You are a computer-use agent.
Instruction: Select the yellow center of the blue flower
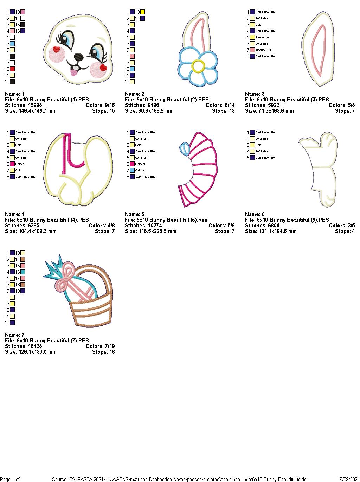point(198,66)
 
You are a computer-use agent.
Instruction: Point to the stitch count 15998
point(33,105)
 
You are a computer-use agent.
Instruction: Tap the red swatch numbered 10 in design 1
point(12,69)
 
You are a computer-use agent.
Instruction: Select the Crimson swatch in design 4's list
point(12,164)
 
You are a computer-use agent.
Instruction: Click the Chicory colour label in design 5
point(140,170)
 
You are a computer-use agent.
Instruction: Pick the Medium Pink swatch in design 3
point(252,50)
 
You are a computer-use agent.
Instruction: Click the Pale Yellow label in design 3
point(263,37)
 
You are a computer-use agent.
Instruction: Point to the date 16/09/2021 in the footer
point(348,479)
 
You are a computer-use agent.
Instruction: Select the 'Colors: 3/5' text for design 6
point(342,226)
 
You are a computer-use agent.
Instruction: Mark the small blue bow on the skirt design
point(184,149)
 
